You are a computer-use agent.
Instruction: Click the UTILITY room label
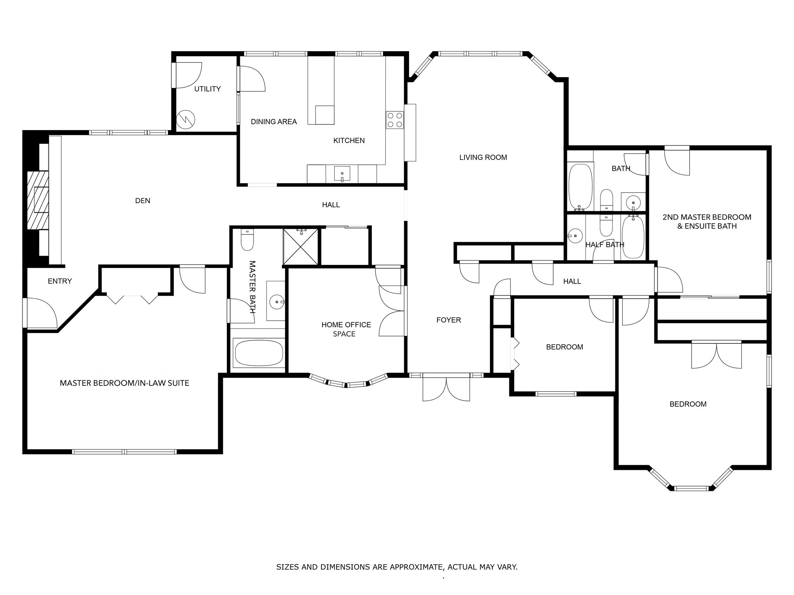207,89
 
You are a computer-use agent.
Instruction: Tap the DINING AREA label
274,122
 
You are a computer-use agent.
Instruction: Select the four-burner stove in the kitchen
395,120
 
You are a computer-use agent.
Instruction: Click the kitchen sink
342,174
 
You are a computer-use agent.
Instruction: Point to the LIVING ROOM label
483,157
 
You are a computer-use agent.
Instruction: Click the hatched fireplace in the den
38,200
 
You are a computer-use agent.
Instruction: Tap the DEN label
143,201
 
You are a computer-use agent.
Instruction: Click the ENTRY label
60,281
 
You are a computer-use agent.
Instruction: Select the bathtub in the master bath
259,353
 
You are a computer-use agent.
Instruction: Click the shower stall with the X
300,247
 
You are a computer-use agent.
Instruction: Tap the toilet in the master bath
247,239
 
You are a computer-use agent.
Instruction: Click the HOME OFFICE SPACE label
346,329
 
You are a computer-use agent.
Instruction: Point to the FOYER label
449,320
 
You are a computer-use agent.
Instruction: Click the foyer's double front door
446,387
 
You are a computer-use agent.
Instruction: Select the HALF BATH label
605,245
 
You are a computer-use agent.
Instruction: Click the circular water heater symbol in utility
186,120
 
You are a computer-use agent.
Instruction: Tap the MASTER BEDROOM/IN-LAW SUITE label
124,383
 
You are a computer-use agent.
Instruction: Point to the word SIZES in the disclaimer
288,567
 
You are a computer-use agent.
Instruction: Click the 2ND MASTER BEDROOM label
707,217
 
